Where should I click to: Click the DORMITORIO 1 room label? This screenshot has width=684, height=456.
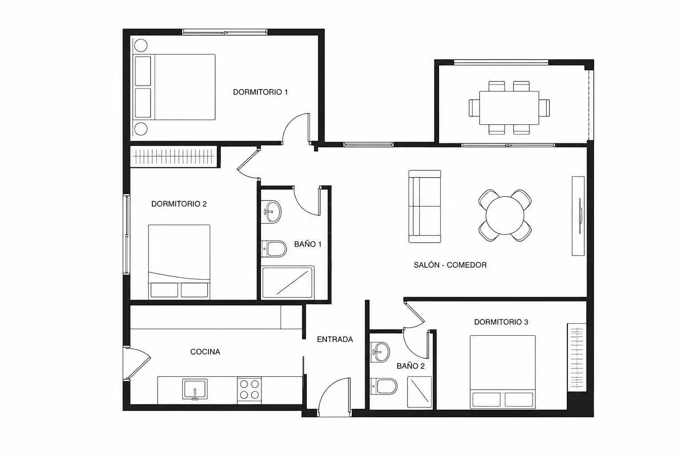tap(261, 92)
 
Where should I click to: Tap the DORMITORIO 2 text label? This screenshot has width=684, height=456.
tap(179, 204)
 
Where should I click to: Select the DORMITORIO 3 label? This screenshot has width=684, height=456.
tap(501, 322)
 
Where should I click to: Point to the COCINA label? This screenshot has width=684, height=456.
tap(205, 352)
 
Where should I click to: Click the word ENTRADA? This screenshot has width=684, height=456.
tap(335, 339)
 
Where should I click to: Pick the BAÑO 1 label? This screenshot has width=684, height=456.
tap(308, 244)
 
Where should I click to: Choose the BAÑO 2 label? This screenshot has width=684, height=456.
tap(411, 366)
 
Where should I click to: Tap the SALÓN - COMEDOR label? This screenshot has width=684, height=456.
tap(450, 265)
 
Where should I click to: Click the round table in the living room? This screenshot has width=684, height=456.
tap(505, 216)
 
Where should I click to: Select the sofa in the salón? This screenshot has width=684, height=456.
tap(425, 207)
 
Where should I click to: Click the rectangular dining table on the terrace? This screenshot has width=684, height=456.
tap(509, 108)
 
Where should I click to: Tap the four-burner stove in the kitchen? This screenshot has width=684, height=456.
tap(249, 390)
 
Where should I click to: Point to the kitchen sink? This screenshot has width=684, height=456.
tap(195, 389)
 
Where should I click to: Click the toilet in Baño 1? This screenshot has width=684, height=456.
tap(273, 249)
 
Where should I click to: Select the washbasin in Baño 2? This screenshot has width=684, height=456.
tap(380, 352)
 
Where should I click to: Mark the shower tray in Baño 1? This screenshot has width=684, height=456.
tap(288, 282)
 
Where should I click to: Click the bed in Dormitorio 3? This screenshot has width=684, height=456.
tap(503, 372)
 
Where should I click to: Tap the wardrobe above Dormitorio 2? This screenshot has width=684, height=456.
tap(174, 157)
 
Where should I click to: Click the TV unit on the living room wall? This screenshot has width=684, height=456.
tap(578, 216)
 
